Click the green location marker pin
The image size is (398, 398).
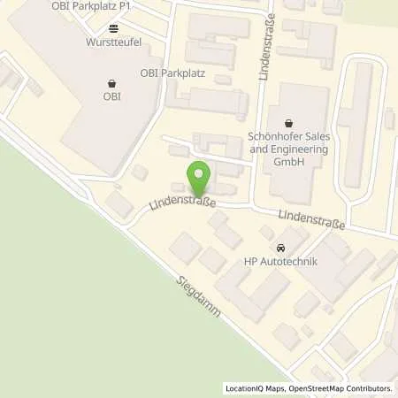tap(198, 179)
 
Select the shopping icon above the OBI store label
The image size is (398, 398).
tap(111, 84)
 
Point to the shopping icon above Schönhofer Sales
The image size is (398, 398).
tap(288, 123)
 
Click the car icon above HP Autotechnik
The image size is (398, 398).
tap(280, 247)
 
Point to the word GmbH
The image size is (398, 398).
tap(288, 162)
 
